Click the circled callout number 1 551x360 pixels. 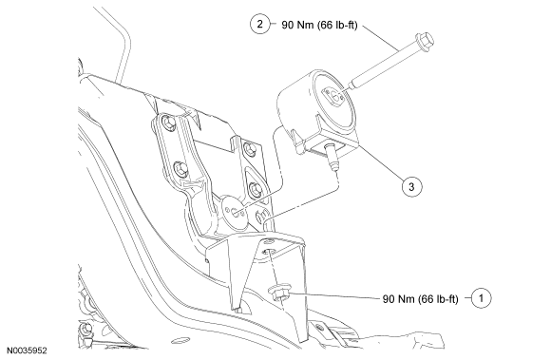pyautogui.click(x=481, y=298)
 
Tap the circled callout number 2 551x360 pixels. pyautogui.click(x=260, y=25)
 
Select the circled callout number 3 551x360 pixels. pyautogui.click(x=411, y=186)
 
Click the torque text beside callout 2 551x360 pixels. pyautogui.click(x=319, y=25)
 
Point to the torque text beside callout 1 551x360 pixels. pyautogui.click(x=420, y=299)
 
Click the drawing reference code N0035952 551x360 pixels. pyautogui.click(x=27, y=351)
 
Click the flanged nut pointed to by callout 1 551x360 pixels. pyautogui.click(x=279, y=293)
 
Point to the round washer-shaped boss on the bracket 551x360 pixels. pyautogui.click(x=234, y=212)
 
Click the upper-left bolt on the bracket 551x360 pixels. pyautogui.click(x=168, y=123)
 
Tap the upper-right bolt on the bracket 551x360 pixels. pyautogui.click(x=249, y=149)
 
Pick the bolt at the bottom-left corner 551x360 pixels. pyautogui.click(x=86, y=329)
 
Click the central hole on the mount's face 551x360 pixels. pyautogui.click(x=334, y=96)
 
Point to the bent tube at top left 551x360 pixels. pyautogui.click(x=120, y=41)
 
